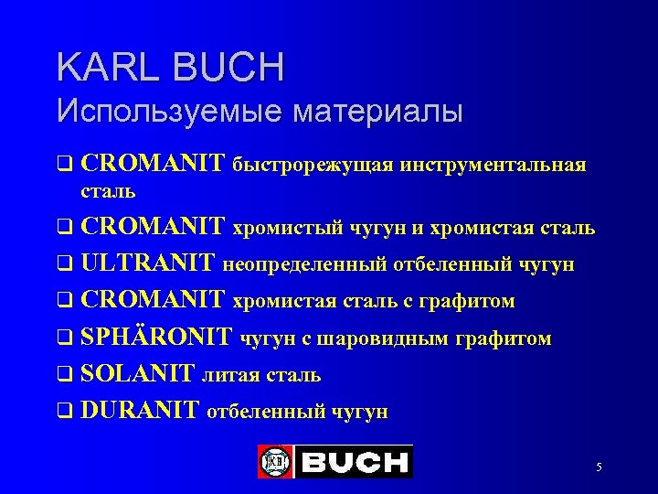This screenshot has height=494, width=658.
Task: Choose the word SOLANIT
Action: click(138, 374)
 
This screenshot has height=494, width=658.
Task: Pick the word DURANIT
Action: click(140, 411)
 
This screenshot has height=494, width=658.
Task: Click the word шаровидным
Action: click(391, 338)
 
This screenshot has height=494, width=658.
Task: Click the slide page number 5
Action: click(599, 467)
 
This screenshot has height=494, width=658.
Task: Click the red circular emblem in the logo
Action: click(274, 461)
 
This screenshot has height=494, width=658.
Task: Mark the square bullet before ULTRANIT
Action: click(64, 266)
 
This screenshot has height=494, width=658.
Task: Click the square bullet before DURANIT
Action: click(64, 413)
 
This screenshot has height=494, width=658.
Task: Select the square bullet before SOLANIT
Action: click(64, 376)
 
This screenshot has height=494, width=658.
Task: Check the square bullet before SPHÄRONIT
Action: click(64, 339)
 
